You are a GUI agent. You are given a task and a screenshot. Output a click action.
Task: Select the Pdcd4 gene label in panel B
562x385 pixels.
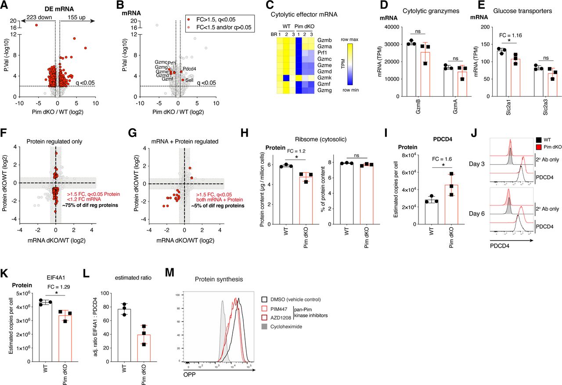(x=189, y=68)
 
